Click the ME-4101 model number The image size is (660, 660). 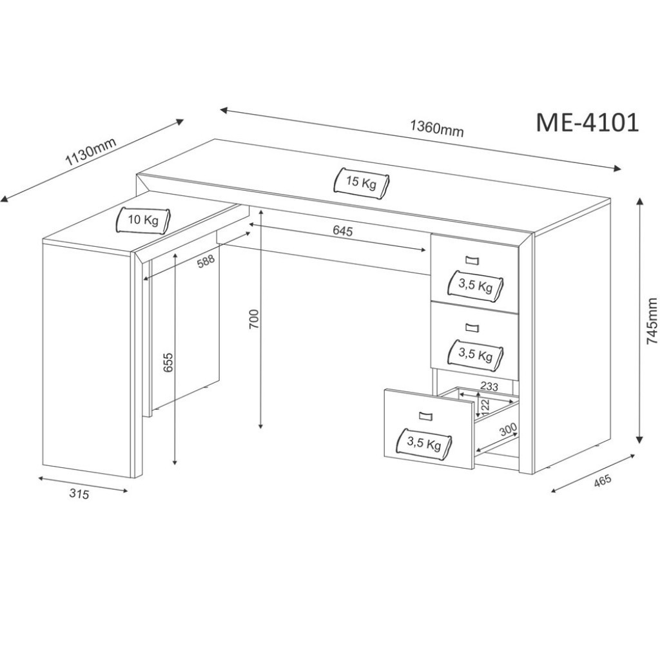click(587, 123)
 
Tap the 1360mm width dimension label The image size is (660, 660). click(437, 128)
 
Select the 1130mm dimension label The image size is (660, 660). click(90, 151)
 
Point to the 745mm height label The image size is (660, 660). click(652, 321)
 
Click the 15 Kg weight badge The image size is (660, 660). click(361, 182)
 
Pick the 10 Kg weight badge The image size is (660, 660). click(143, 220)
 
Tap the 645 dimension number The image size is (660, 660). click(342, 231)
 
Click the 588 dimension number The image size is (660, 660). click(206, 261)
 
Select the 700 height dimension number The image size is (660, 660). click(254, 320)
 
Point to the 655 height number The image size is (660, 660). click(168, 362)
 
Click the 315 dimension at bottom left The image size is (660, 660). click(79, 493)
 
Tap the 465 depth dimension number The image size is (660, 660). click(602, 481)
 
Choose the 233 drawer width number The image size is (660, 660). click(489, 386)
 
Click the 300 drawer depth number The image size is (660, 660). click(508, 430)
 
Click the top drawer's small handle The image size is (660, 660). click(472, 260)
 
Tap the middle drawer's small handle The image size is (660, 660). click(472, 327)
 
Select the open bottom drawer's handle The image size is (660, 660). click(425, 416)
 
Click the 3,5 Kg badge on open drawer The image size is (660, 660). click(424, 443)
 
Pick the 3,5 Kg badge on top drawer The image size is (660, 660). click(476, 286)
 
